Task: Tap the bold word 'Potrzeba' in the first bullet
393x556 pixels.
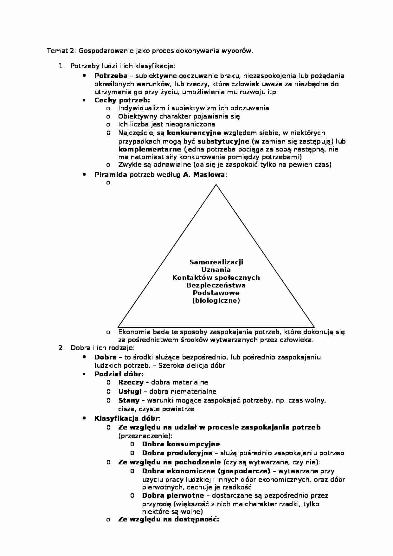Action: click(111, 76)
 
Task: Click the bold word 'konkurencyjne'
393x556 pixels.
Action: click(194, 133)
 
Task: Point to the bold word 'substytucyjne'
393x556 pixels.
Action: click(223, 141)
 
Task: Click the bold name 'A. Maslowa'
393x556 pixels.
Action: click(204, 175)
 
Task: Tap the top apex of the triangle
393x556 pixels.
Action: click(216, 185)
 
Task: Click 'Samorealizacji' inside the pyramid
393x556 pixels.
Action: click(216, 262)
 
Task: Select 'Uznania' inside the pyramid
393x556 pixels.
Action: click(216, 270)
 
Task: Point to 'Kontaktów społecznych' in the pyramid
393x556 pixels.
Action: click(216, 278)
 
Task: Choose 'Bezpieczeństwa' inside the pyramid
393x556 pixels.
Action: click(216, 285)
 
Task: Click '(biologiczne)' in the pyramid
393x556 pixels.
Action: click(216, 301)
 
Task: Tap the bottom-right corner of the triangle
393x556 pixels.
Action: click(314, 326)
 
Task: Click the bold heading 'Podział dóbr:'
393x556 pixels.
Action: click(119, 374)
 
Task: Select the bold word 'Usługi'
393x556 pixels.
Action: click(130, 391)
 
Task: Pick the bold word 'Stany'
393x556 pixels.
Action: click(129, 400)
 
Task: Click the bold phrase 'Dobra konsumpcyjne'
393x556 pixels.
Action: click(181, 444)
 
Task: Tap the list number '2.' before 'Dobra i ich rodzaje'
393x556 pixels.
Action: click(61, 348)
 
